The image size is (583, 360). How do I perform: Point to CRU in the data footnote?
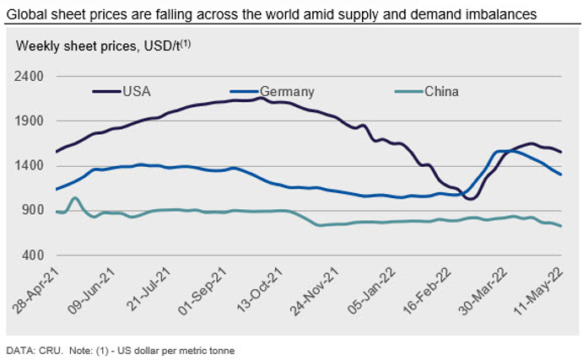click(x=46, y=349)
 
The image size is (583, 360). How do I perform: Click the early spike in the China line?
click(x=75, y=198)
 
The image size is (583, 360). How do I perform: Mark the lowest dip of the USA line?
click(x=469, y=198)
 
